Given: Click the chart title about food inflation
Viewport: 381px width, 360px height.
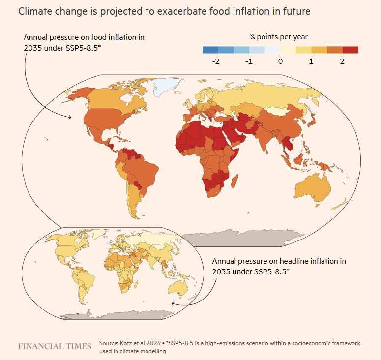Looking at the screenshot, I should click(x=164, y=11).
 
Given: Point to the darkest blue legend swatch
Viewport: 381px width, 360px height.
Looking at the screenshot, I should click(x=210, y=50).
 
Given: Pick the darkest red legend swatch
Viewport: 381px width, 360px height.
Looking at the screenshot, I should click(x=351, y=50).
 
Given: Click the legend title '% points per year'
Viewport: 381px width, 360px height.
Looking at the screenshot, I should click(x=279, y=37).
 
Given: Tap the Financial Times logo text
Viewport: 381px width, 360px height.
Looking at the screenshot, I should click(x=55, y=346).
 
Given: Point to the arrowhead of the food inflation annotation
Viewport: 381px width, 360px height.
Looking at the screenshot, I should click(x=72, y=117).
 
